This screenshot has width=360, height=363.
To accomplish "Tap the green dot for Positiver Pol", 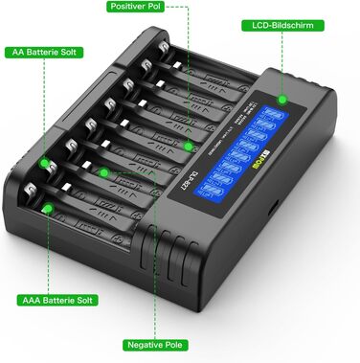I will [x=189, y=147].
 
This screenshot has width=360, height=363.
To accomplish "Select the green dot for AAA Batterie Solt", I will [x=45, y=208].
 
